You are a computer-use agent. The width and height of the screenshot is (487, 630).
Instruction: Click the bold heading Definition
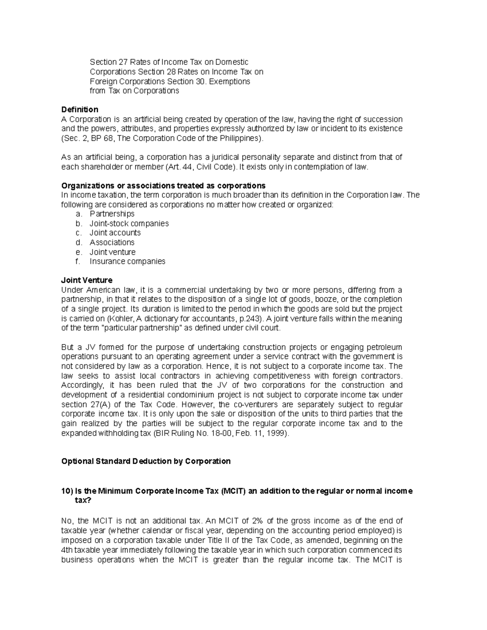80,110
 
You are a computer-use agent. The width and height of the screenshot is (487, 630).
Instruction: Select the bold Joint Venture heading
86,280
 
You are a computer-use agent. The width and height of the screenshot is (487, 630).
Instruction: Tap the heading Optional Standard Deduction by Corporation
146,461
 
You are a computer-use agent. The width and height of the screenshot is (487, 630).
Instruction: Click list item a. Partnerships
112,214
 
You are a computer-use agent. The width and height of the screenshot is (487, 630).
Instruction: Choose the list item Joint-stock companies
129,224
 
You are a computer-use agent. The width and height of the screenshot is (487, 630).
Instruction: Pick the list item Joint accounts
115,233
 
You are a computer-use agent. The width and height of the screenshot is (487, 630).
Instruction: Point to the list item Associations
112,243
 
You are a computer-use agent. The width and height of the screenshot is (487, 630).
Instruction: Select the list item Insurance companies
127,261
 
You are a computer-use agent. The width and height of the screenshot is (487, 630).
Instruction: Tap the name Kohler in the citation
126,318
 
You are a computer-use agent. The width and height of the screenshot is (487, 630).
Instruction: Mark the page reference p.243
247,318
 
